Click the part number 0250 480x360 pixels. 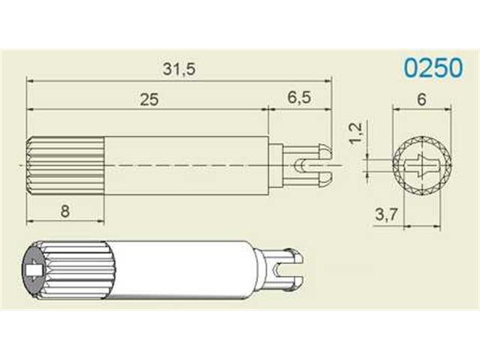(x=433, y=68)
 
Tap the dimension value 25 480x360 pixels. (x=149, y=100)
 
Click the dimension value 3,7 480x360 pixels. (x=386, y=215)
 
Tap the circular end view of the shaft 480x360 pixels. (x=421, y=164)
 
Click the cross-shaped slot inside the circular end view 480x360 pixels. (x=421, y=164)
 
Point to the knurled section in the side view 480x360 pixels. (x=65, y=165)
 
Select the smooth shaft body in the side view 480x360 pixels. (x=184, y=165)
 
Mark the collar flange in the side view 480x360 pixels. (x=276, y=164)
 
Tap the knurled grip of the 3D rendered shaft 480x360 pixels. (x=71, y=270)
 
